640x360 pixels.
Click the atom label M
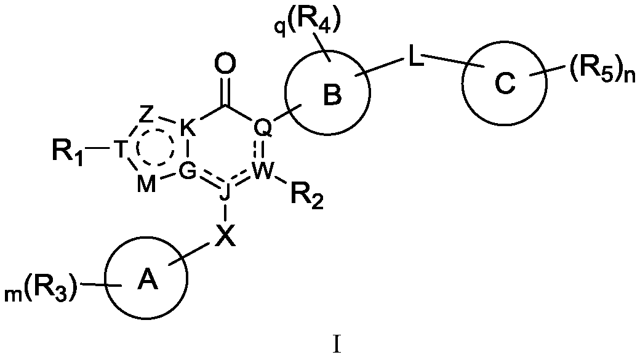pyautogui.click(x=146, y=185)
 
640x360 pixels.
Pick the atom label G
pyautogui.click(x=188, y=172)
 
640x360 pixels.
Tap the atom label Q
pyautogui.click(x=262, y=128)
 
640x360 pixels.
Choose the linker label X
pyautogui.click(x=225, y=236)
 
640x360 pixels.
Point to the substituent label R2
pyautogui.click(x=306, y=197)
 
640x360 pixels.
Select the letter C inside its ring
pyautogui.click(x=505, y=84)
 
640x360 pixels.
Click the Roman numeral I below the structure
pyautogui.click(x=337, y=345)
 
